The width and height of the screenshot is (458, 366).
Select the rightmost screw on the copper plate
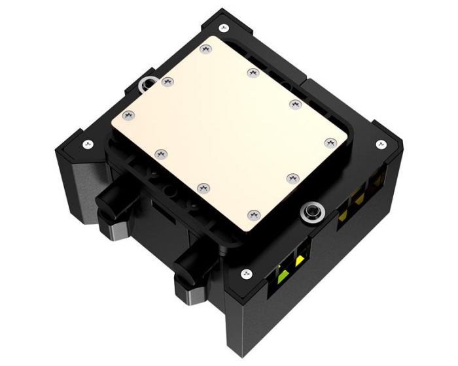[329, 142]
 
